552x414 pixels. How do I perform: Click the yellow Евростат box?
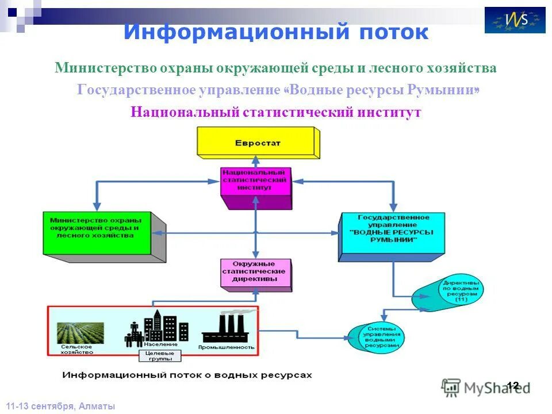[256, 143]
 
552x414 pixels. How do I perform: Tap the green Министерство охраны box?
[97, 233]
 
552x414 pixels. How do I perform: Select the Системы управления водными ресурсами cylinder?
[380, 337]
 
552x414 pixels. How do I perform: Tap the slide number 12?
[513, 385]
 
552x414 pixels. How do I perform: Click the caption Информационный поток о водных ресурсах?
[187, 375]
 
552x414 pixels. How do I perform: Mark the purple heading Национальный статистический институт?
[275, 112]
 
